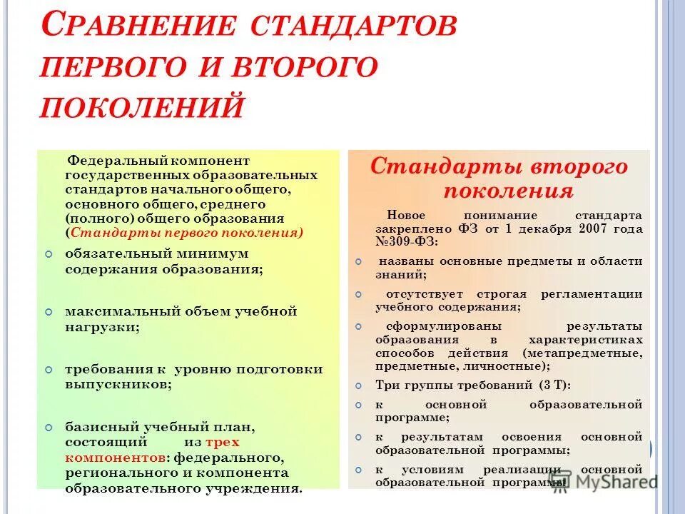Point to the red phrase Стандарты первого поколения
tap(186, 232)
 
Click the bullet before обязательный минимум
tap(48, 254)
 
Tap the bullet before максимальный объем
tap(48, 313)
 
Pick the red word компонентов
tap(116, 457)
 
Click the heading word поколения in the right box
tap(508, 191)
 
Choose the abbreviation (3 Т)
tap(554, 385)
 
